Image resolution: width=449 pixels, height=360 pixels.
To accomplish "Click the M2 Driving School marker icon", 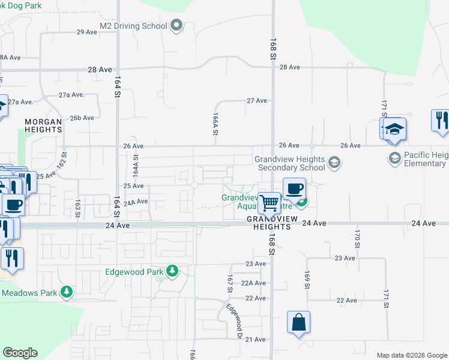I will tap(176, 26).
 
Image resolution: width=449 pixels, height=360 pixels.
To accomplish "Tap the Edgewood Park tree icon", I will tap(172, 272).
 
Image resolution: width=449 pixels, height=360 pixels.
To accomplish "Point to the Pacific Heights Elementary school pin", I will tap(394, 158).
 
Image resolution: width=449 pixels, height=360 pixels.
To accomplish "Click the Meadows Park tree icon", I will tap(65, 293).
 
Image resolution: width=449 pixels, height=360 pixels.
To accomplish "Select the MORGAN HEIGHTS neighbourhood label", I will tap(43, 125).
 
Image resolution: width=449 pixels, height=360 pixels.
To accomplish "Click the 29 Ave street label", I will tap(87, 32).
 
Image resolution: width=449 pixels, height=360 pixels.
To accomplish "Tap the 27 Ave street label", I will tap(256, 101).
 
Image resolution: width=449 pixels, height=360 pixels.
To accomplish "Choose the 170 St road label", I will tap(357, 239).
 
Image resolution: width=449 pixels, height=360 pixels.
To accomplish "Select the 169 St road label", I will tap(307, 280).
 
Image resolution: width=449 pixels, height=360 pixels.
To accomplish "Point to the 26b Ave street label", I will tap(83, 118).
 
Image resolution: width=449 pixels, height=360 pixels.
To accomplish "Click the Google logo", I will tap(20, 353).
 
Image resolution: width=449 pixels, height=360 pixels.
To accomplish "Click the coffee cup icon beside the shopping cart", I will tap(294, 188).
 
